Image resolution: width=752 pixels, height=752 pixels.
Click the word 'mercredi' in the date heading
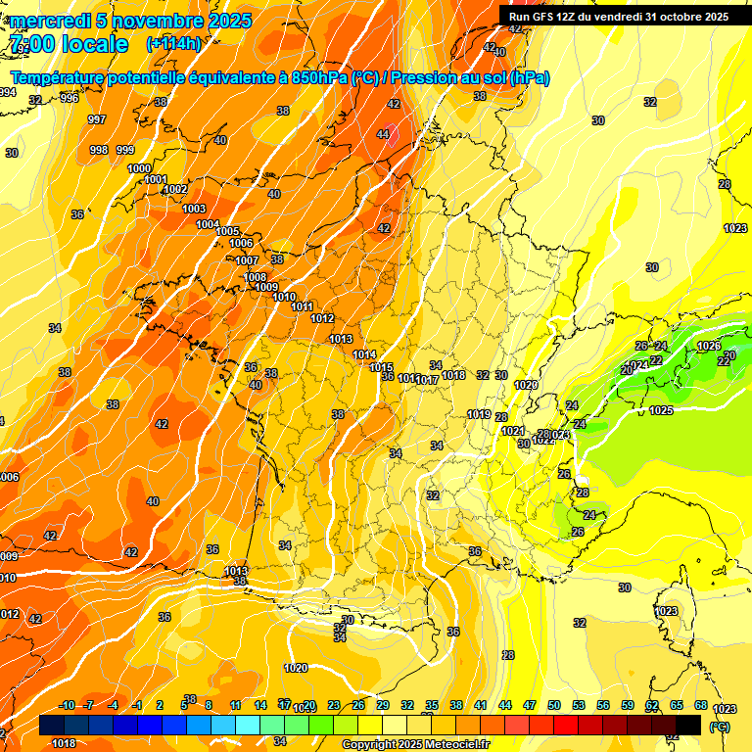pyautogui.click(x=49, y=21)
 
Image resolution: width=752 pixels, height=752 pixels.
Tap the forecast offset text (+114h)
pyautogui.click(x=173, y=43)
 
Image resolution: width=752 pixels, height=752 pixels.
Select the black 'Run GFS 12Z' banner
pyautogui.click(x=618, y=16)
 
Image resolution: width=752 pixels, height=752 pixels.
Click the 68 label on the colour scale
pyautogui.click(x=701, y=705)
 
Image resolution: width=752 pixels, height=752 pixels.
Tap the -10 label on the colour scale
pyautogui.click(x=67, y=705)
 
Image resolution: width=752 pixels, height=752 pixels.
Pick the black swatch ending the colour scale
pyautogui.click(x=688, y=725)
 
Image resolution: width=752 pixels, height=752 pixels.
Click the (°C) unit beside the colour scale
pyautogui.click(x=720, y=726)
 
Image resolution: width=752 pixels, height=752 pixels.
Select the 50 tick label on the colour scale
pyautogui.click(x=554, y=705)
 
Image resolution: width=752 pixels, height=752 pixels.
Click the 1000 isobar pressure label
pyautogui.click(x=140, y=168)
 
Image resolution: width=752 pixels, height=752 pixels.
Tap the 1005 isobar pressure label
pyautogui.click(x=228, y=231)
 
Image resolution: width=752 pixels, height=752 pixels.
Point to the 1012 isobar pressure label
pyautogui.click(x=322, y=318)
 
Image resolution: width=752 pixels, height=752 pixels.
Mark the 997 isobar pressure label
pyautogui.click(x=96, y=119)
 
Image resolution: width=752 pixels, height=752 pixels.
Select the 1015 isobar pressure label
pyautogui.click(x=382, y=367)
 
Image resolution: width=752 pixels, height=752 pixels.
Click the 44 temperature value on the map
pyautogui.click(x=383, y=134)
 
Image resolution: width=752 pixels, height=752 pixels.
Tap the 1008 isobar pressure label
pyautogui.click(x=255, y=277)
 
